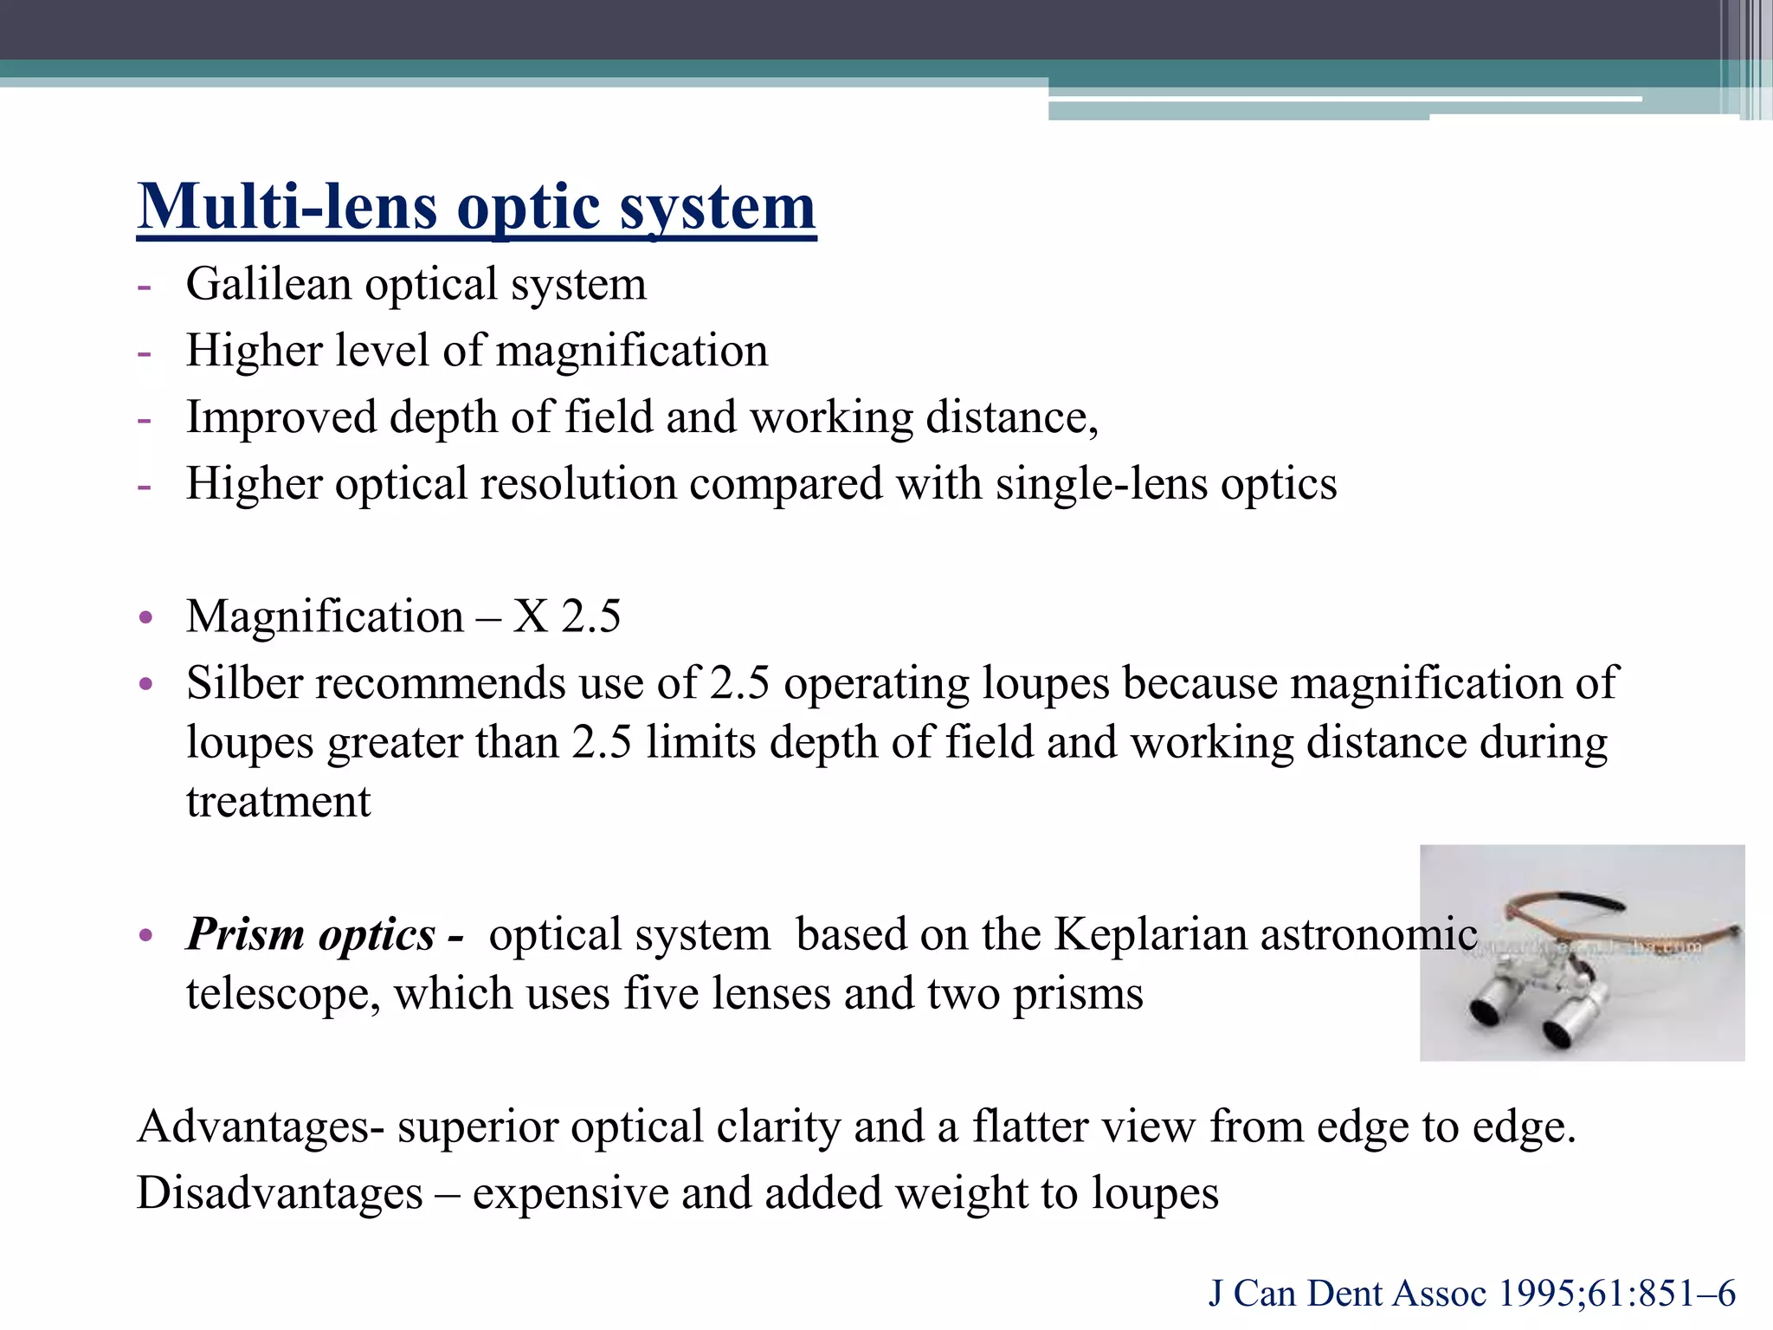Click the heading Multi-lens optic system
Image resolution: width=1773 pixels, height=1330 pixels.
(x=476, y=208)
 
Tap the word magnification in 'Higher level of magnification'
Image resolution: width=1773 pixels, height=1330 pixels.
(x=632, y=351)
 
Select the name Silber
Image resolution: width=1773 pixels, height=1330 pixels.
(x=243, y=682)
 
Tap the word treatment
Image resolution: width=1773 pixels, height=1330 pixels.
(x=278, y=802)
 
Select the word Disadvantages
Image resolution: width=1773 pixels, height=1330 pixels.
(x=280, y=1193)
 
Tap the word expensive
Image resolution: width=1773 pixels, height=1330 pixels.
(x=570, y=1193)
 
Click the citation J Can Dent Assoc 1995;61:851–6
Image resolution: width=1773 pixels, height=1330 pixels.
(x=1472, y=1294)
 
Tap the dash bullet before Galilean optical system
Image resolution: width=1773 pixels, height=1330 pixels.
(x=144, y=286)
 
